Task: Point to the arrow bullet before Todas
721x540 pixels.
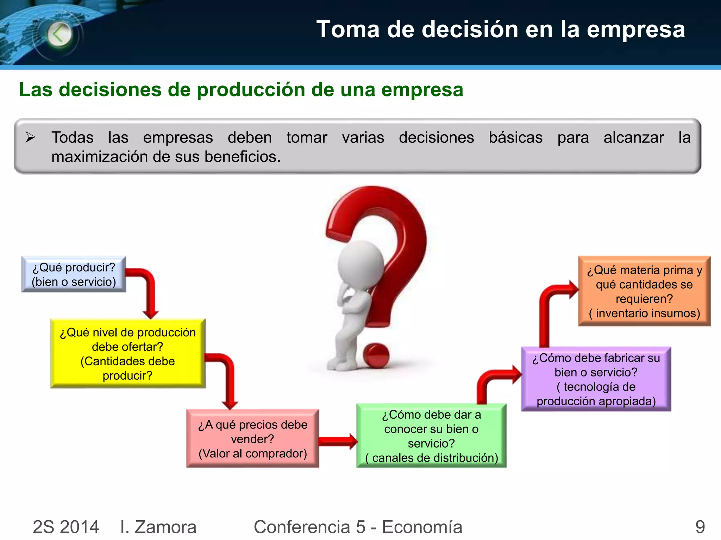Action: pyautogui.click(x=31, y=137)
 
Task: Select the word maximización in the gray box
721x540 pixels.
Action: pyautogui.click(x=98, y=157)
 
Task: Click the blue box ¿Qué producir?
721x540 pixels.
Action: pyautogui.click(x=74, y=274)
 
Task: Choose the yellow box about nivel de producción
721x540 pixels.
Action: pyautogui.click(x=127, y=353)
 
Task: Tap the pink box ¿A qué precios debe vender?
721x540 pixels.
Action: pyautogui.click(x=252, y=438)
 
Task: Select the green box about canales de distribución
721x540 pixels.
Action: pyautogui.click(x=431, y=436)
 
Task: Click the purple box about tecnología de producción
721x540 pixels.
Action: pyautogui.click(x=596, y=379)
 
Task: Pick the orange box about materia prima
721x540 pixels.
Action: pyautogui.click(x=644, y=291)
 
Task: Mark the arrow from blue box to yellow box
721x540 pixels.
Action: pyautogui.click(x=148, y=288)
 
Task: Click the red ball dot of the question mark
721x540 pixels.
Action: pyautogui.click(x=376, y=355)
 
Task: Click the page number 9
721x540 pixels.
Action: pyautogui.click(x=700, y=527)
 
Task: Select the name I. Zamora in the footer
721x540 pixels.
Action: pyautogui.click(x=158, y=527)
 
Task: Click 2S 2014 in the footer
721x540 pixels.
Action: pyautogui.click(x=66, y=527)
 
